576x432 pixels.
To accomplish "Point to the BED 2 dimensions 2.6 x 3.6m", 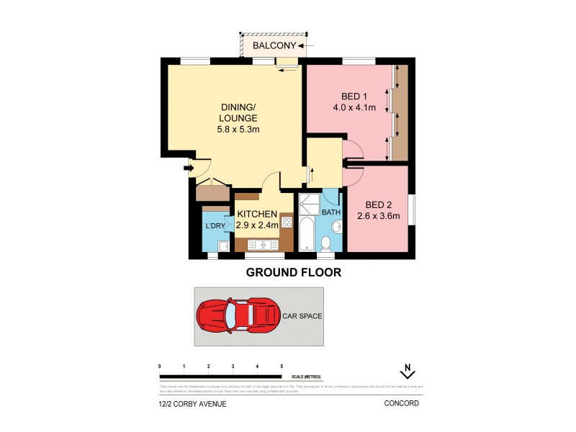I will point(378,215).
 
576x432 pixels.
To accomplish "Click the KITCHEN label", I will point(257,213).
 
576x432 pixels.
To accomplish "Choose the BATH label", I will point(330,212).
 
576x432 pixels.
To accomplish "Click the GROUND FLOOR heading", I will point(293,273).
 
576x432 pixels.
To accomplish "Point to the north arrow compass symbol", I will point(408,372).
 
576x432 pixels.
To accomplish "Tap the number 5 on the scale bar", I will point(282,367).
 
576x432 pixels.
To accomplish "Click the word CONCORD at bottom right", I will point(402,404).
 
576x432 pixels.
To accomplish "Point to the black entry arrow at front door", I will point(189,169).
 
